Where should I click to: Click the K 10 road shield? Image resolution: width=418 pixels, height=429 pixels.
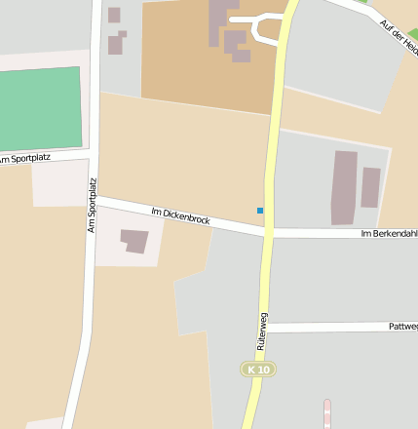point(259,370)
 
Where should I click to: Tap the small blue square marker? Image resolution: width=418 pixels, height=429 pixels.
point(260,211)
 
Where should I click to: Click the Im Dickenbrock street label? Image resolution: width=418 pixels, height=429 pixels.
point(181,215)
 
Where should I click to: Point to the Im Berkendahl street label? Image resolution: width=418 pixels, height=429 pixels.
point(389,234)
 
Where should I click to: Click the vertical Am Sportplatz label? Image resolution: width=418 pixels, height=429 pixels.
point(93,204)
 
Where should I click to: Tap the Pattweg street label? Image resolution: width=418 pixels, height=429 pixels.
point(402,327)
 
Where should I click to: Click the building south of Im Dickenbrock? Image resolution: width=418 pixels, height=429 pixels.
point(134,240)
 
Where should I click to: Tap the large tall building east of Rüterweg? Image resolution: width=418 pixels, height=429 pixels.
point(344,187)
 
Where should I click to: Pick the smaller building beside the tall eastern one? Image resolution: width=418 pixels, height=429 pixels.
point(370,187)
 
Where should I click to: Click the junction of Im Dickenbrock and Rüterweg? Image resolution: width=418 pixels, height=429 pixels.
point(267,232)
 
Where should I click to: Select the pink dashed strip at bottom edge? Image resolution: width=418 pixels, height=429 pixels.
point(327,413)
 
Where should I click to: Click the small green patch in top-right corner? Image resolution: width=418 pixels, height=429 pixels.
point(412,35)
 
